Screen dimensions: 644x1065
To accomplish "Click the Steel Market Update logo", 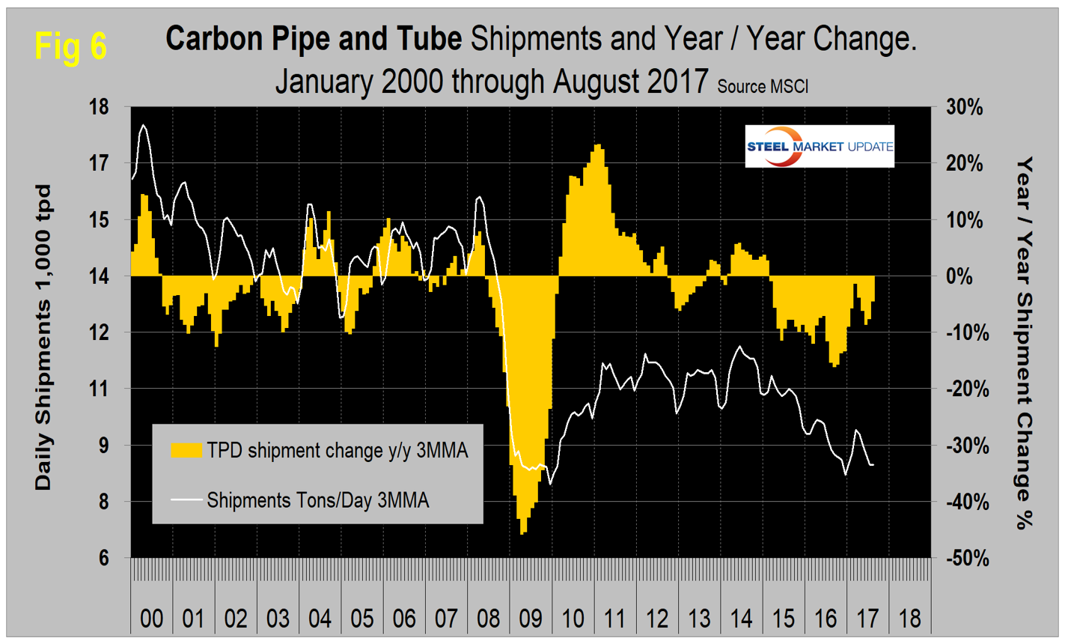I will (x=820, y=146).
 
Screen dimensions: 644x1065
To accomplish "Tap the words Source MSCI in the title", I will (x=763, y=86).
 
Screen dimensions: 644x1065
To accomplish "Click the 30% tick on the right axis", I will (x=964, y=107).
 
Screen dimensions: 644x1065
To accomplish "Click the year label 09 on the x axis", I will (x=531, y=619).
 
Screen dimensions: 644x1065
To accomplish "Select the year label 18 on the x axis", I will (x=909, y=619).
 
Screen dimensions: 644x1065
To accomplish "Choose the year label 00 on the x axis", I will (x=152, y=619).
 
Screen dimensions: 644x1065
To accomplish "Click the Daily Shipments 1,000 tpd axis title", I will (x=44, y=337).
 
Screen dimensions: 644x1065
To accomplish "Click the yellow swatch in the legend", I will (x=186, y=450).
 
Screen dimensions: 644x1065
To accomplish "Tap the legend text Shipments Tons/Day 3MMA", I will (x=318, y=499).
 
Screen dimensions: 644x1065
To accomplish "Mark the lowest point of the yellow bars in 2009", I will (x=522, y=532).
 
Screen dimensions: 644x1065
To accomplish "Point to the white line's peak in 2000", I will (x=143, y=126).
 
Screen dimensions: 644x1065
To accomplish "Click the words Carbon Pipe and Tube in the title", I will (x=314, y=40).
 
